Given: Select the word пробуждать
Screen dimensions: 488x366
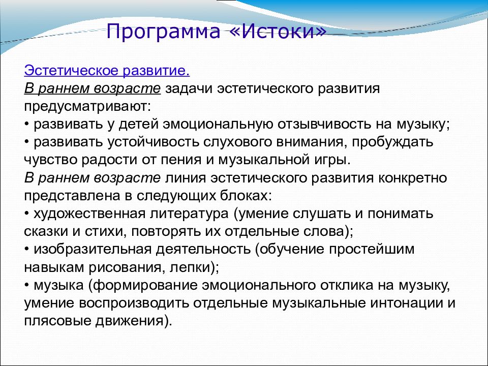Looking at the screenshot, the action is (x=392, y=142).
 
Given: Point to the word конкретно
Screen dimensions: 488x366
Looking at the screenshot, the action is (x=413, y=178).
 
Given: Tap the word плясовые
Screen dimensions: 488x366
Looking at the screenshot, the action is (x=57, y=321).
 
